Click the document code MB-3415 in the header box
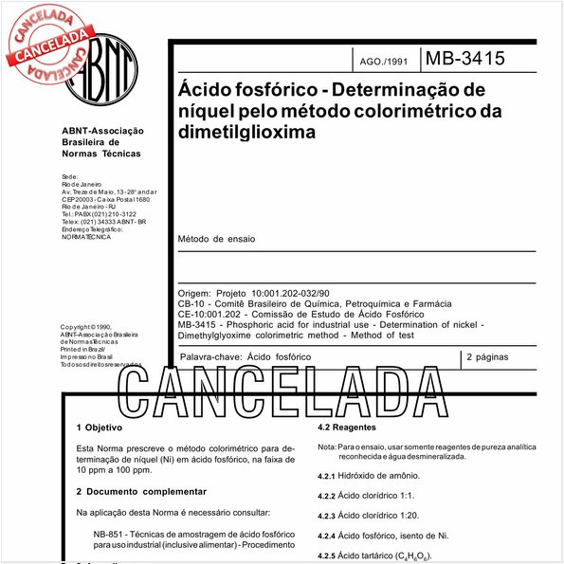(464, 59)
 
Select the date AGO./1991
(383, 63)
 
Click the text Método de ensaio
(216, 239)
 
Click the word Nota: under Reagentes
(326, 446)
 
